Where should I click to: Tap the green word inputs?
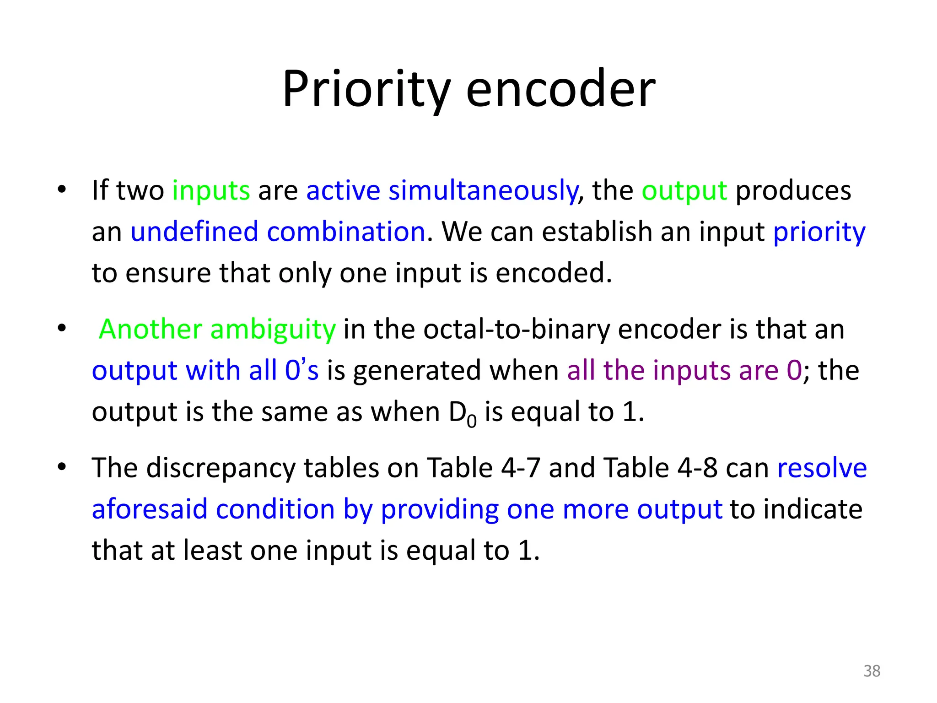(x=211, y=190)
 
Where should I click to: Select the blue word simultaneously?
(x=483, y=190)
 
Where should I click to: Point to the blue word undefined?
(x=194, y=232)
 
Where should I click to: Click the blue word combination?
(x=346, y=232)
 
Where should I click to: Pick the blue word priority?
(x=819, y=233)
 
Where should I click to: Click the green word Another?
(x=151, y=329)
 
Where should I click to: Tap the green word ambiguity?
(x=273, y=330)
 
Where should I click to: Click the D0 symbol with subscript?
(x=463, y=413)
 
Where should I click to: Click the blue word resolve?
(x=822, y=468)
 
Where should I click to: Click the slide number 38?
(x=872, y=671)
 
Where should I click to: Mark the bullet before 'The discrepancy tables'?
(x=62, y=467)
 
